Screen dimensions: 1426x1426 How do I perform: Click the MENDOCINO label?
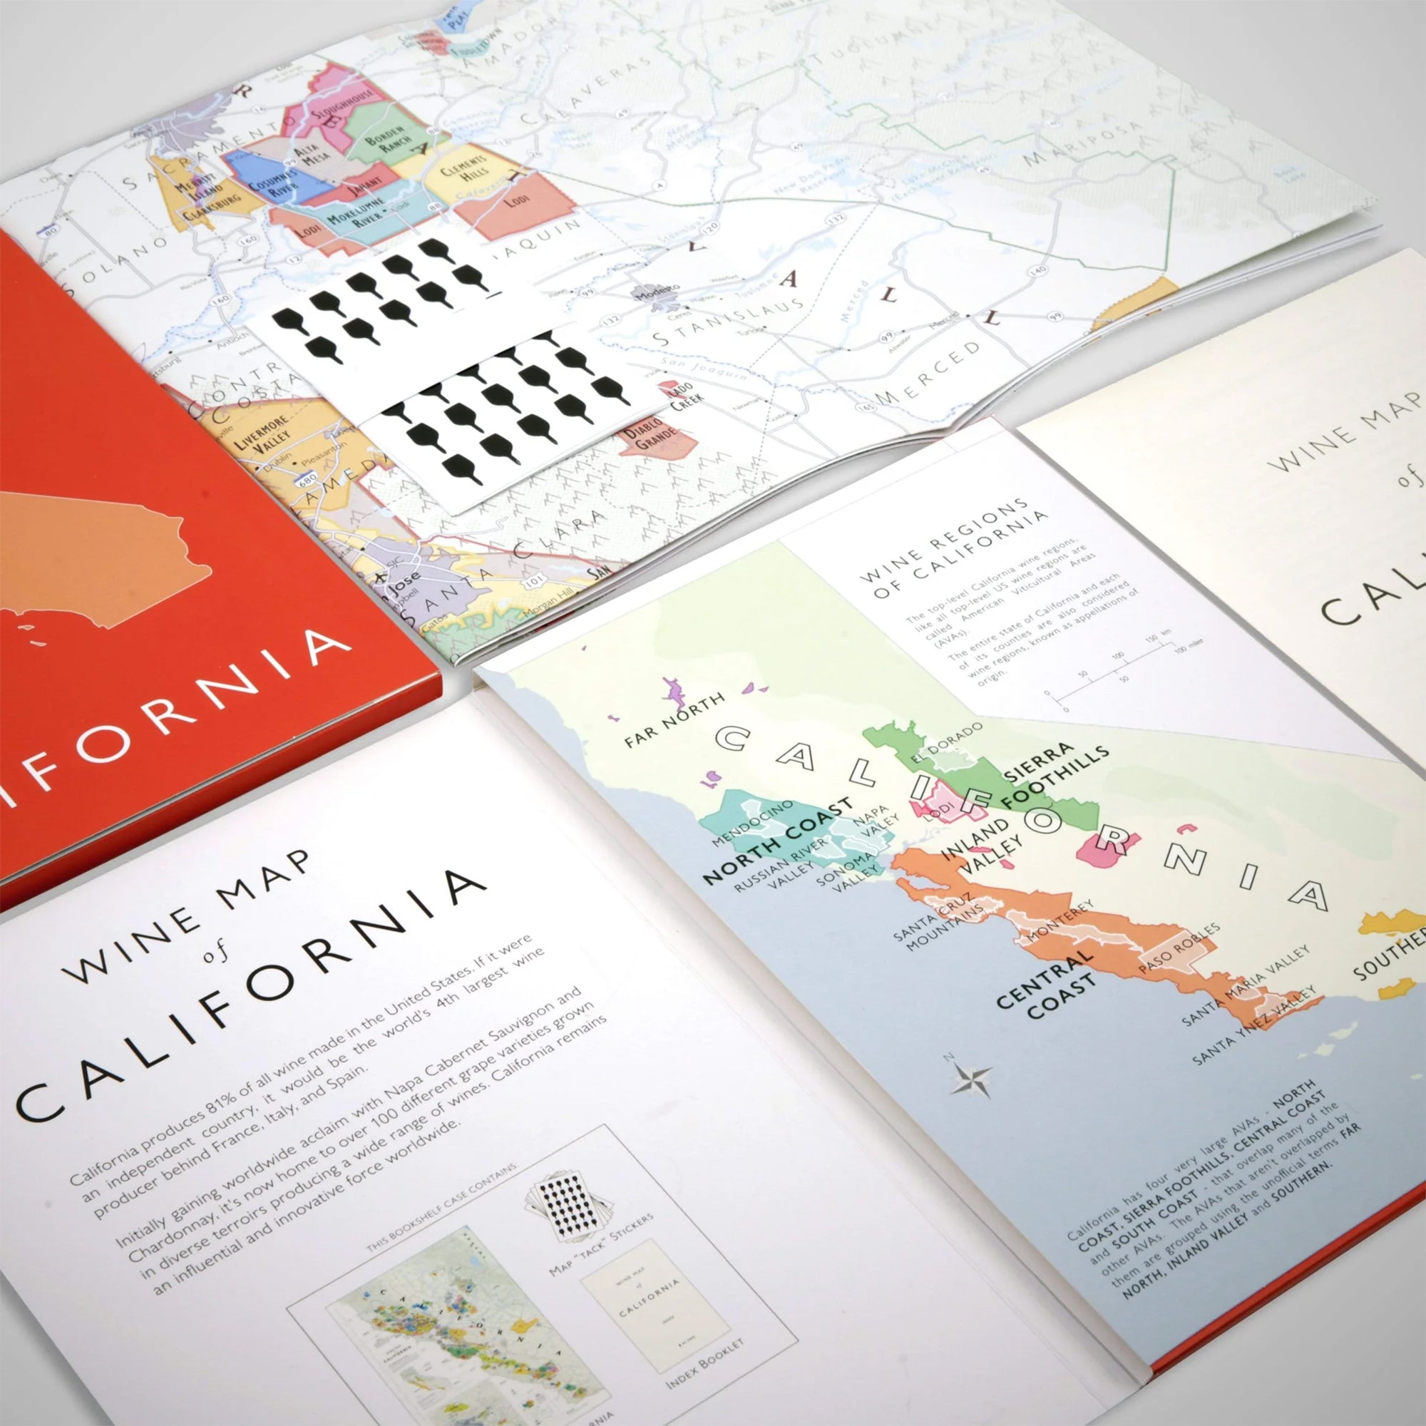(752, 822)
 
